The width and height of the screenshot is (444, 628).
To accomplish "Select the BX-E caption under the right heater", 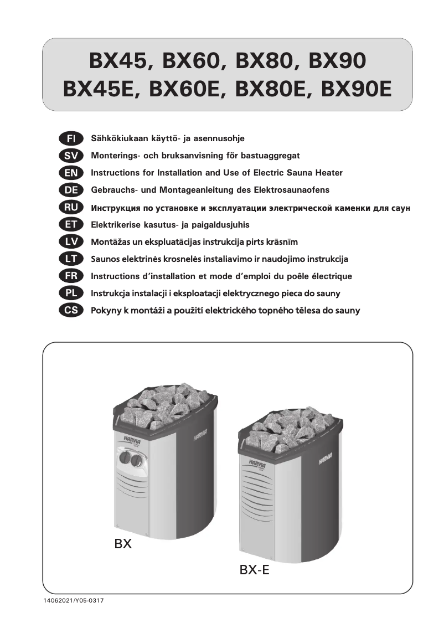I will pos(255,570).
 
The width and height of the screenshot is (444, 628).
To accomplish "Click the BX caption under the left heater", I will pos(122,544).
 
